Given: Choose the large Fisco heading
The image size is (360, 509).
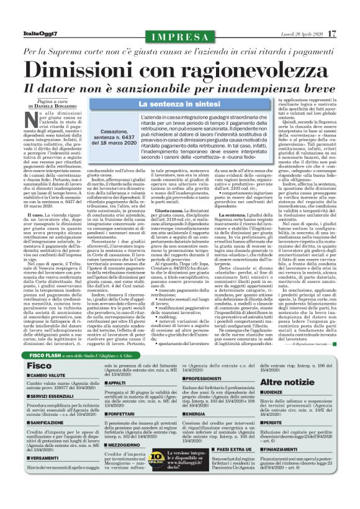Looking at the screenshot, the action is [35, 366].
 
